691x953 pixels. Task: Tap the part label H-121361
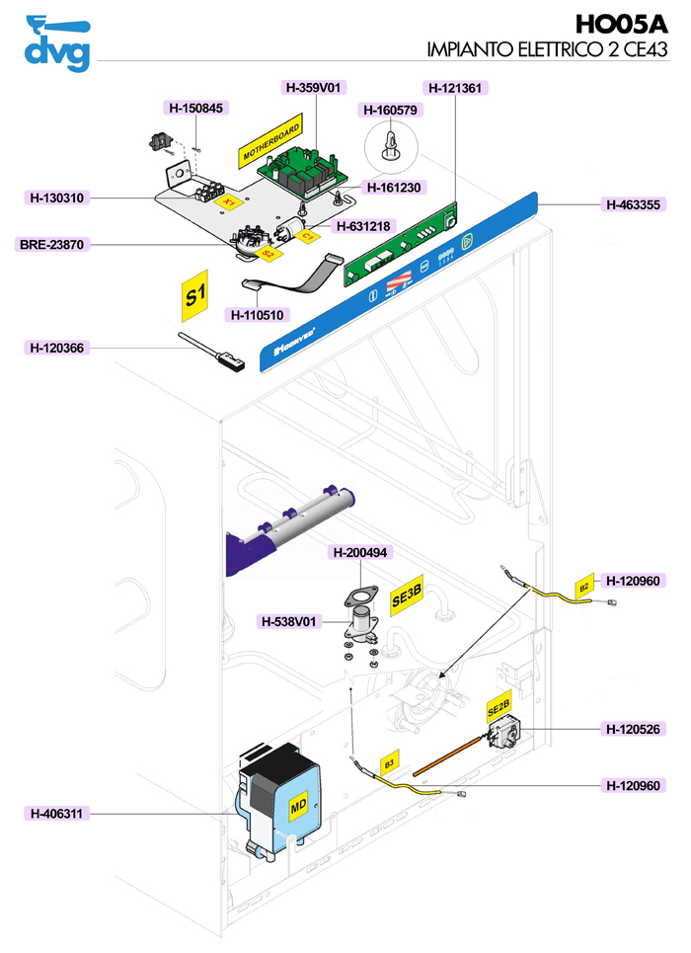pyautogui.click(x=455, y=88)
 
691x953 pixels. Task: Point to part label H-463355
pyautogui.click(x=635, y=205)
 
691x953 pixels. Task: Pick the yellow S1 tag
pyautogui.click(x=193, y=295)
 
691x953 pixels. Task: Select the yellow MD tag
pyautogui.click(x=297, y=806)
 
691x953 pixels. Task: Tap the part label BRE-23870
pyautogui.click(x=48, y=244)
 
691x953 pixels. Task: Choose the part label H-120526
pyautogui.click(x=635, y=729)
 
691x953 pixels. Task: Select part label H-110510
pyautogui.click(x=258, y=315)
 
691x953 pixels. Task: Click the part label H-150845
pyautogui.click(x=193, y=108)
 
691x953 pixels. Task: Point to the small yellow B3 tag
pyautogui.click(x=389, y=763)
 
